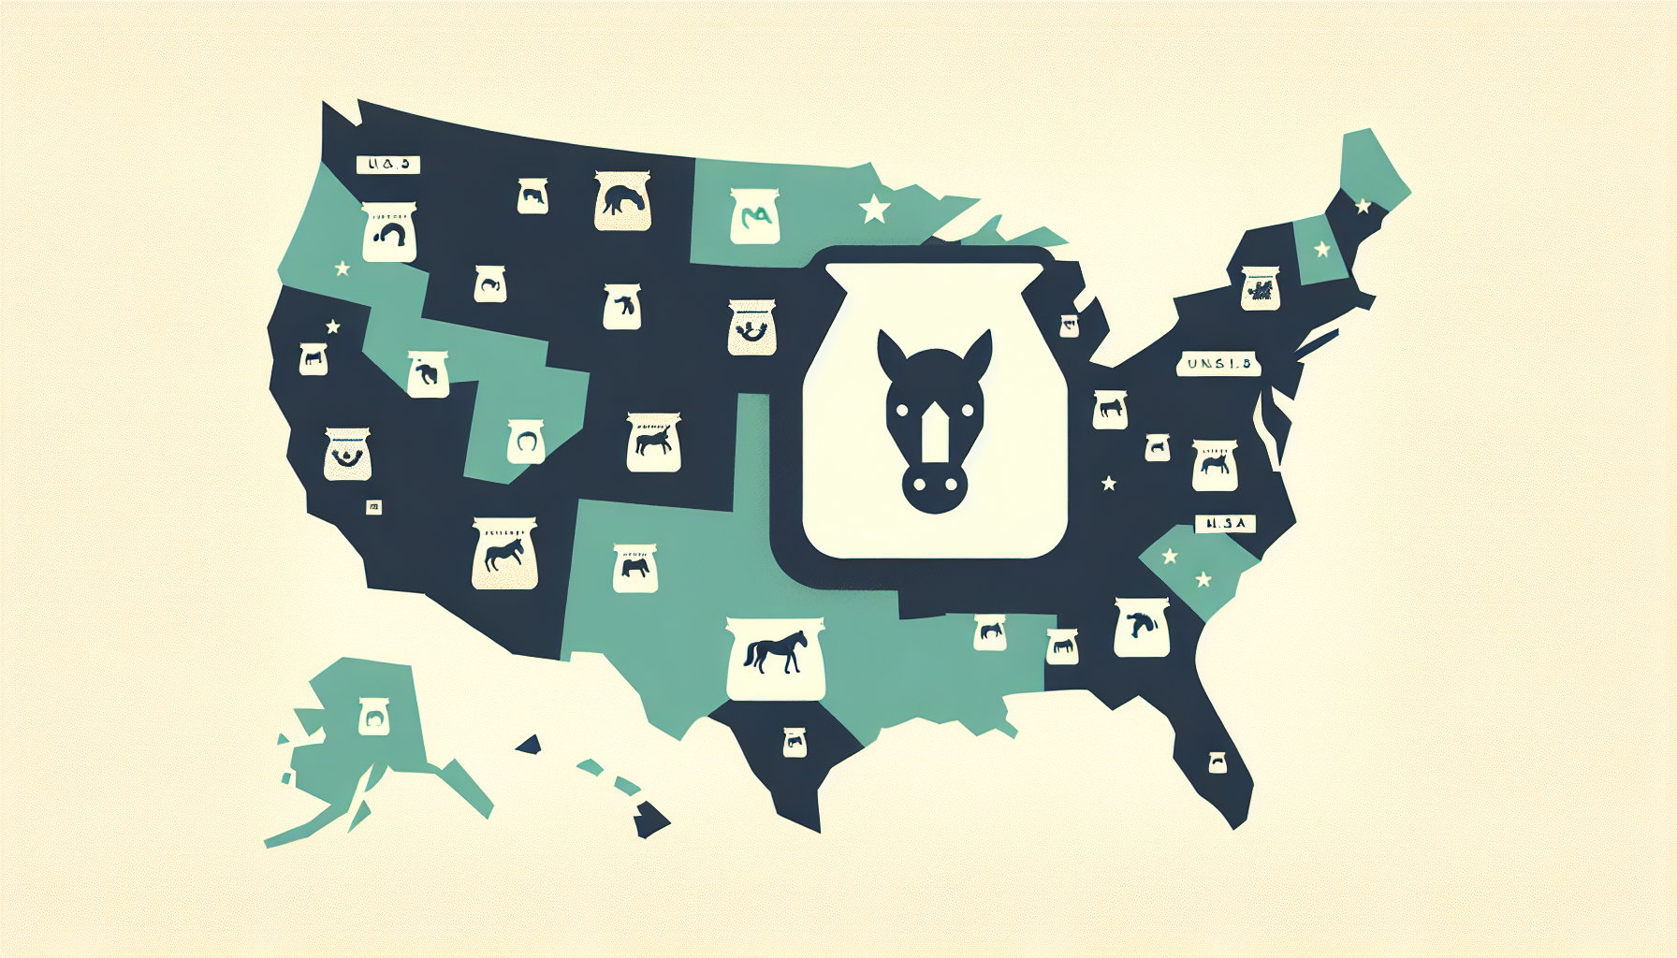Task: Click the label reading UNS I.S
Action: point(1218,364)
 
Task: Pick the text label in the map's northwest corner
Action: point(387,165)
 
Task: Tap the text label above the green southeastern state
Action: point(1224,524)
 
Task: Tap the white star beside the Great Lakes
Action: point(875,208)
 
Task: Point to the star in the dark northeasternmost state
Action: point(1363,206)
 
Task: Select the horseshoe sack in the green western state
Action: point(526,441)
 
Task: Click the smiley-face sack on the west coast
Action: point(347,454)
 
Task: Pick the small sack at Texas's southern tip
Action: point(794,742)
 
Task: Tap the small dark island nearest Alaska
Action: point(530,745)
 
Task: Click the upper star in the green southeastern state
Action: point(1169,556)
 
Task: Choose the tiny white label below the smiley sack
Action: point(373,507)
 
